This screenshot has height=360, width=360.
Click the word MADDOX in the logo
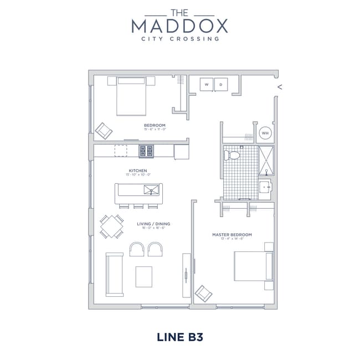179,25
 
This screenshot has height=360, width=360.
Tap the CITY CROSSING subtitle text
180,39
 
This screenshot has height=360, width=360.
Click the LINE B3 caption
180,336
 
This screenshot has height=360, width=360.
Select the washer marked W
207,85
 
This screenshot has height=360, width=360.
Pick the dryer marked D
220,85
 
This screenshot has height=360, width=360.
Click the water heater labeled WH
265,133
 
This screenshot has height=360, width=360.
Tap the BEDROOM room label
155,126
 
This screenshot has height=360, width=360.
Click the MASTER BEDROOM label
232,235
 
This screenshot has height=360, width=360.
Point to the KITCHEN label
137,171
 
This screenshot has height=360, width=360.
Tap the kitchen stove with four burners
146,150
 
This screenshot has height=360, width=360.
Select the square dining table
112,226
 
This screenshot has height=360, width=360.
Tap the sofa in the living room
114,275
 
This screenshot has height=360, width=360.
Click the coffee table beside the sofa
144,276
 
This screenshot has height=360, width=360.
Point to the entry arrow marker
280,86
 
